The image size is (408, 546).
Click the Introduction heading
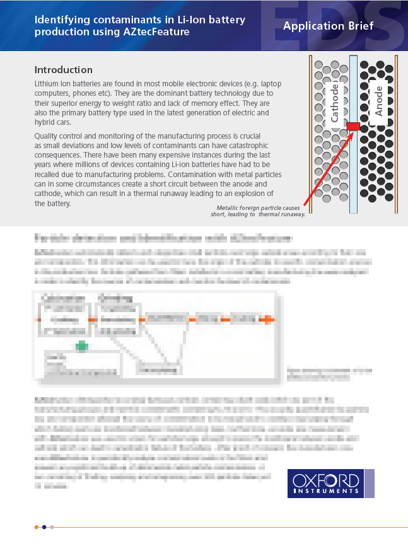[x=63, y=70]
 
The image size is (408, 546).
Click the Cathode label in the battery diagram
[x=335, y=103]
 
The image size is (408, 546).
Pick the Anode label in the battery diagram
[x=378, y=100]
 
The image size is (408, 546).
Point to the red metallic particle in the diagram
[x=353, y=127]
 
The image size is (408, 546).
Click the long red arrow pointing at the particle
[x=325, y=167]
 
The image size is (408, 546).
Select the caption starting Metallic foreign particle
[x=259, y=211]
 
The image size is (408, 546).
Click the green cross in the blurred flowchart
[x=81, y=345]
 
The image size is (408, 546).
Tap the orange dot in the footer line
[x=37, y=526]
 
